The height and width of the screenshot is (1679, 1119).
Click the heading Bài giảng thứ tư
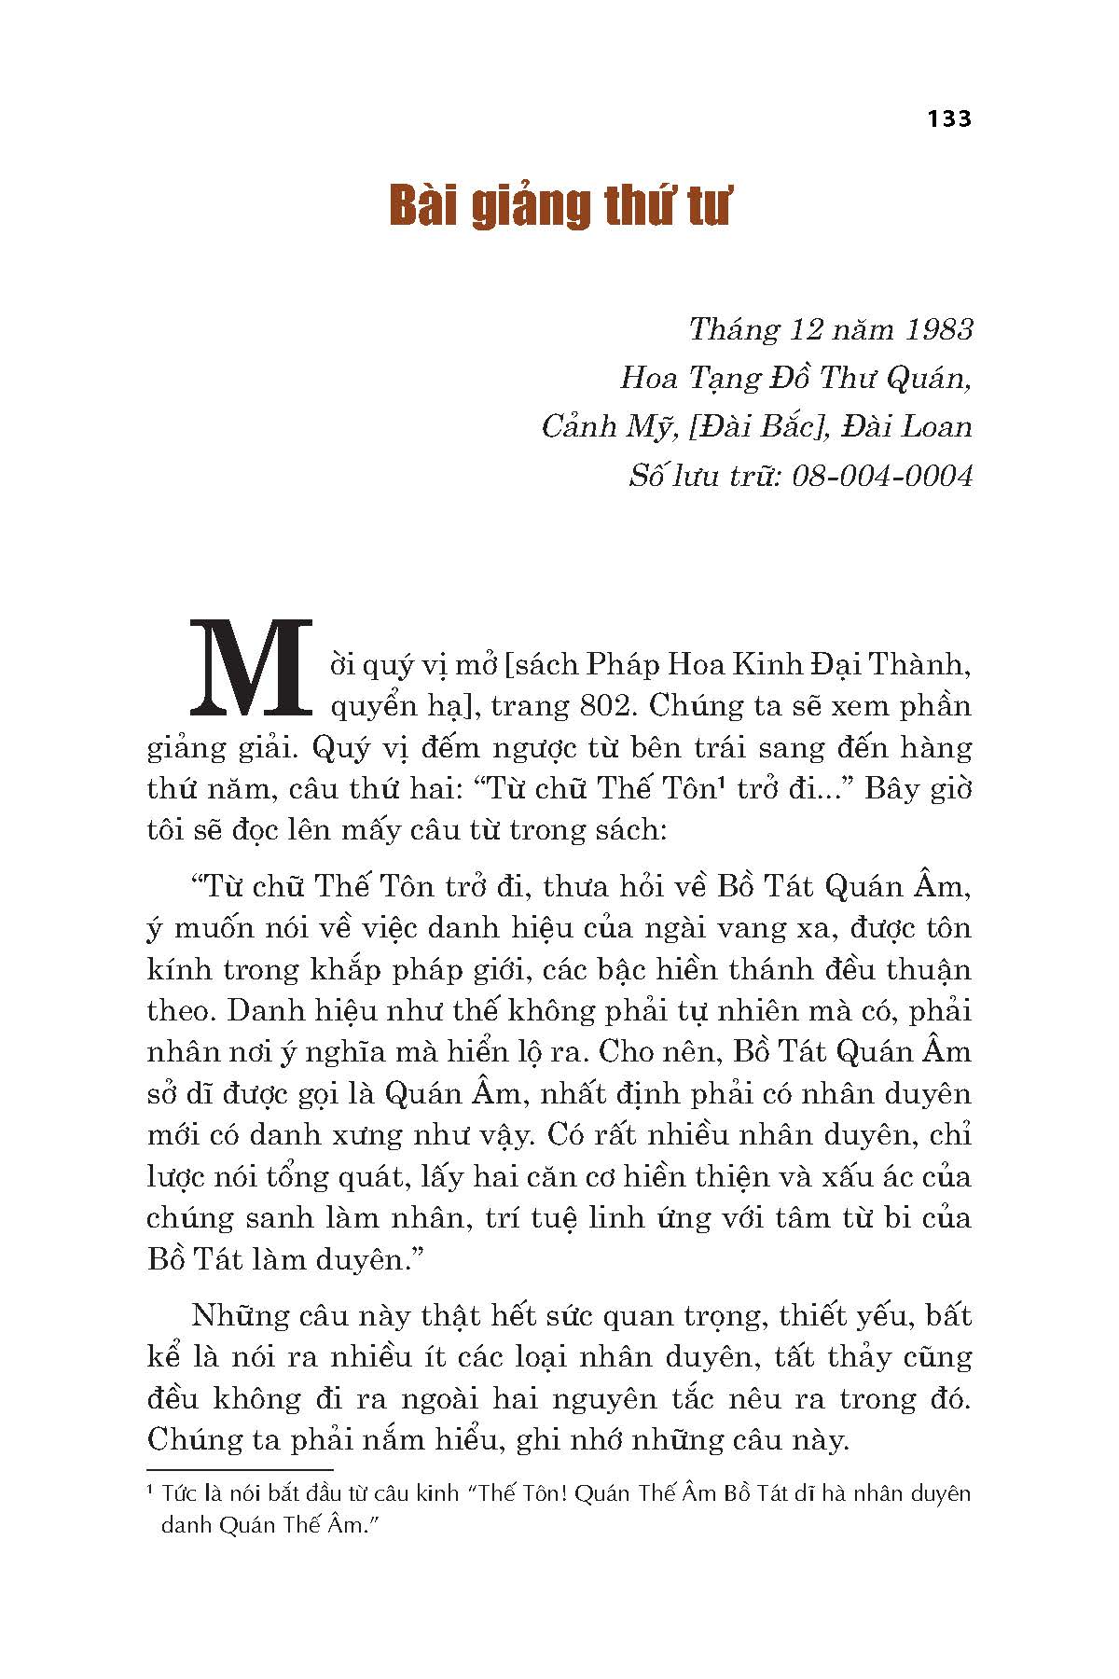559,207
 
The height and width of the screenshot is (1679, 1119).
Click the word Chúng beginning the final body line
192,1440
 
